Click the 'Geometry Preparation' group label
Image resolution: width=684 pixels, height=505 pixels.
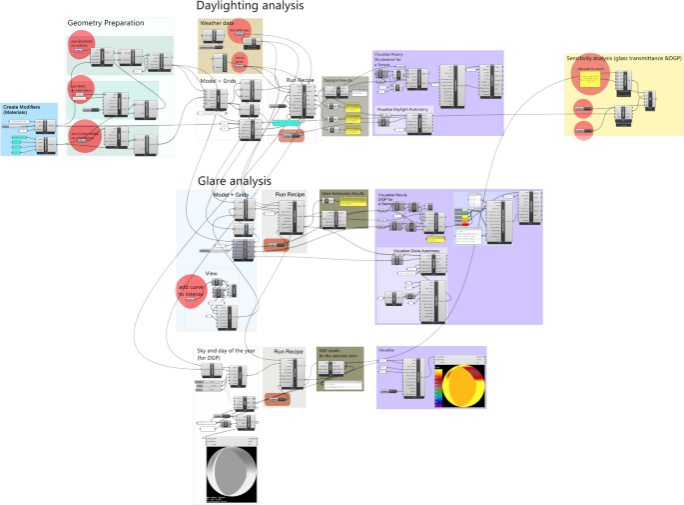pos(106,23)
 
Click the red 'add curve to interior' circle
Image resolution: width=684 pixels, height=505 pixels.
pos(190,291)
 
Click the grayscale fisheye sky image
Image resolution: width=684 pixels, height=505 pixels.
pos(232,472)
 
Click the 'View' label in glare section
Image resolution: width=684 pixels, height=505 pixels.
pos(211,272)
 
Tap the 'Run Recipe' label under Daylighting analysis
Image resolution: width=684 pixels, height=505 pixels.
pos(302,79)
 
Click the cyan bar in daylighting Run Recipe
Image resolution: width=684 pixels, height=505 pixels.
pos(288,123)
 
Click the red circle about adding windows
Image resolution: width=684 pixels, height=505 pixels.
pos(81,43)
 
